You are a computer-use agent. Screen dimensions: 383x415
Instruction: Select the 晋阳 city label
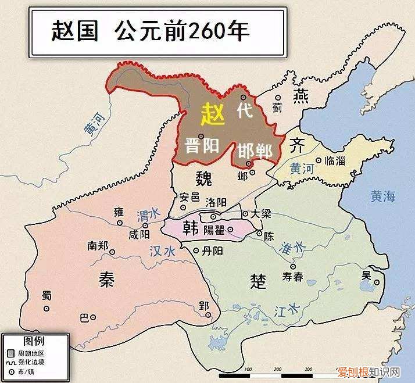coord(202,145)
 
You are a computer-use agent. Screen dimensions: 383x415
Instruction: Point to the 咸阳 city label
coord(139,234)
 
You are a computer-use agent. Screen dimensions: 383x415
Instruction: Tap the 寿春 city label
coord(292,277)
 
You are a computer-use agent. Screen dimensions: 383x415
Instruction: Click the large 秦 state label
coord(107,280)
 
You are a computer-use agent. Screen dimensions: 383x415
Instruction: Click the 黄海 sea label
coord(382,197)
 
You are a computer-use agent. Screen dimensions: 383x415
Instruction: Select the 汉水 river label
coord(162,252)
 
